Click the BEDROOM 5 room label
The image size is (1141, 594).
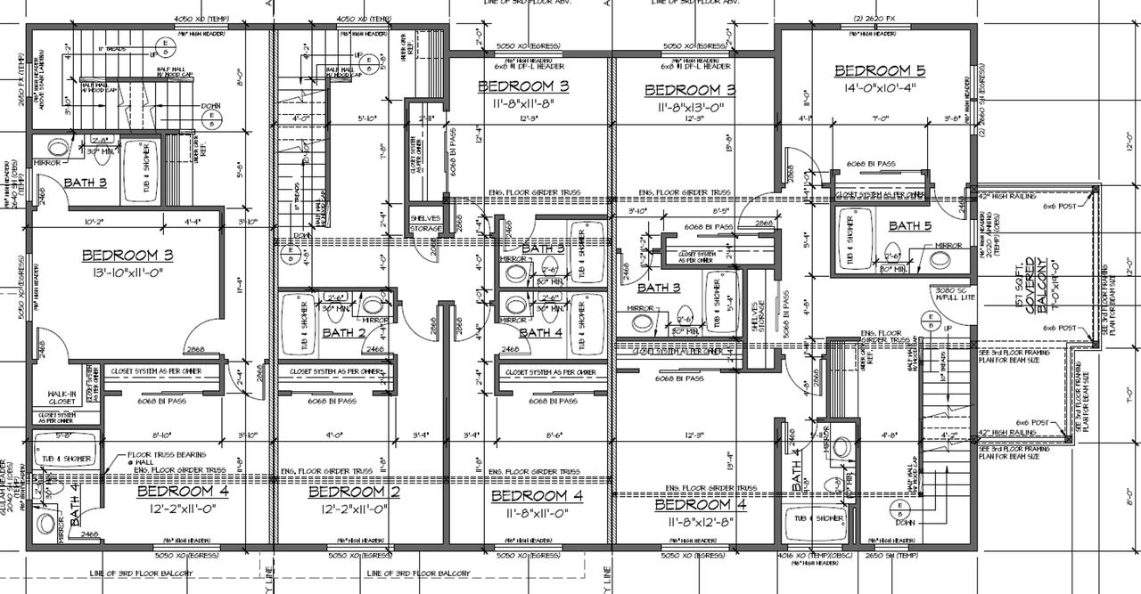tap(873, 71)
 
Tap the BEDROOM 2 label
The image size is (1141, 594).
tap(353, 492)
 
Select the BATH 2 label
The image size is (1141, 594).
tap(344, 333)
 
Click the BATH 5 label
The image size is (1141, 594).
tap(910, 226)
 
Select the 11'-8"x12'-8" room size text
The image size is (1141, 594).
tap(700, 522)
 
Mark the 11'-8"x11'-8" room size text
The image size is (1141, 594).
tap(523, 103)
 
